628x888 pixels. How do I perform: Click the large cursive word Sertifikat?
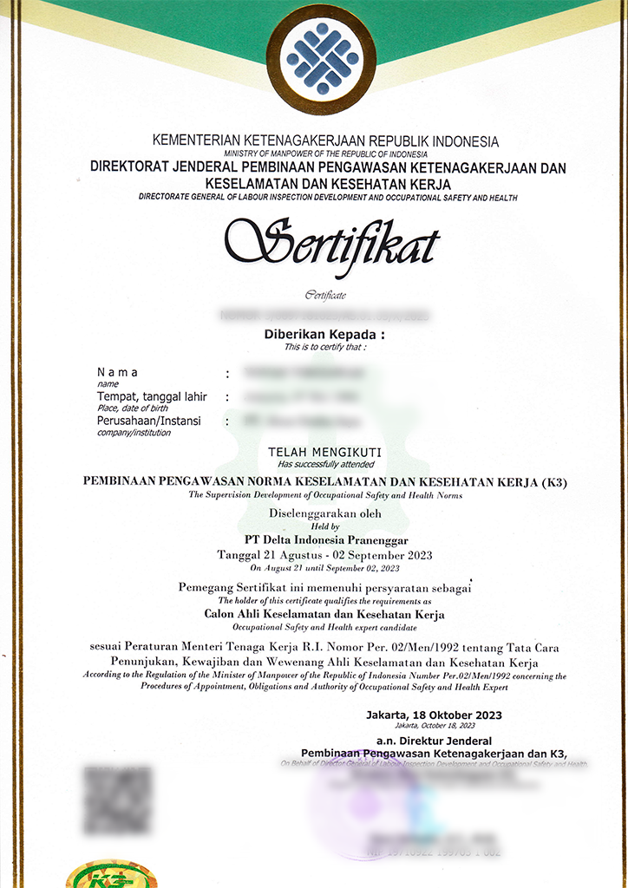point(332,242)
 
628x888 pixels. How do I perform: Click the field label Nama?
point(117,372)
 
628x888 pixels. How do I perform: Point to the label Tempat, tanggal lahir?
point(152,396)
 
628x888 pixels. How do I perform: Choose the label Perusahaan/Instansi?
point(148,421)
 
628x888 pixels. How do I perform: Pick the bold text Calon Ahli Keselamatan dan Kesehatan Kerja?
point(324,614)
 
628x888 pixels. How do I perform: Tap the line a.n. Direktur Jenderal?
point(434,741)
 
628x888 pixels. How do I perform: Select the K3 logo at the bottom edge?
point(100,874)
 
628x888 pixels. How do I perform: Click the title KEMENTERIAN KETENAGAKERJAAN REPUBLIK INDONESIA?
point(325,140)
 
